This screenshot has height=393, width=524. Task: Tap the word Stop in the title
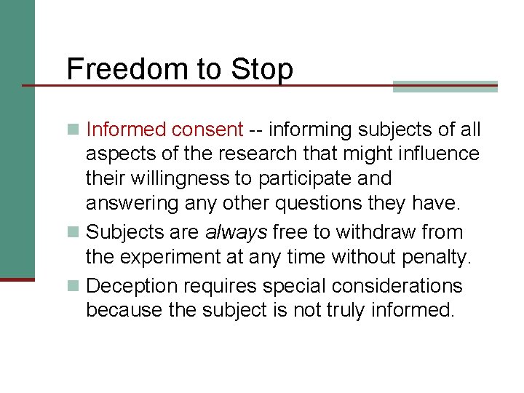tap(263, 69)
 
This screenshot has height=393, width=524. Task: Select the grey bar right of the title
tap(445, 86)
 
